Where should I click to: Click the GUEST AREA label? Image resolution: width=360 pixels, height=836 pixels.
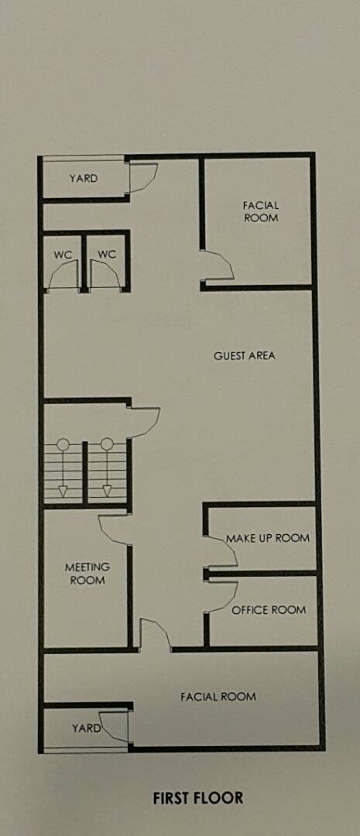pos(245,355)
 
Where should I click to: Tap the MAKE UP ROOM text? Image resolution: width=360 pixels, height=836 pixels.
pos(268,538)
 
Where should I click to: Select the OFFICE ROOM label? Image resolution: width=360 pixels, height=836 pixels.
pos(269,610)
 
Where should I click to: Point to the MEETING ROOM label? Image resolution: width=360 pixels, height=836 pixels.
pos(87,573)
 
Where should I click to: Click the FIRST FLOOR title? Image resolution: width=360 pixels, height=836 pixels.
pos(198,798)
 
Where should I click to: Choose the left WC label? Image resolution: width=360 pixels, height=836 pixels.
pos(63,255)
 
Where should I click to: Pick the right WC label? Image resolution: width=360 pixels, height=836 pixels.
pos(107,255)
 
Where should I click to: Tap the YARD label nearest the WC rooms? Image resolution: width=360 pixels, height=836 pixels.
pos(84,179)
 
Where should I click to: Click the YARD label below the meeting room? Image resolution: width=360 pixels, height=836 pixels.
pos(87,728)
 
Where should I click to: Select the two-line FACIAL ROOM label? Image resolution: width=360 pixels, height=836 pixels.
pos(261,211)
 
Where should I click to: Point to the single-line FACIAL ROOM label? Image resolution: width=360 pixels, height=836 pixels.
pos(218,697)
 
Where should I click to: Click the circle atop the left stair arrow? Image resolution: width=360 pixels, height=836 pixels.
pos(63,444)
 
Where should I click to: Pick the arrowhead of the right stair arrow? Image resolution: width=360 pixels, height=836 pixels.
pos(107,491)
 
